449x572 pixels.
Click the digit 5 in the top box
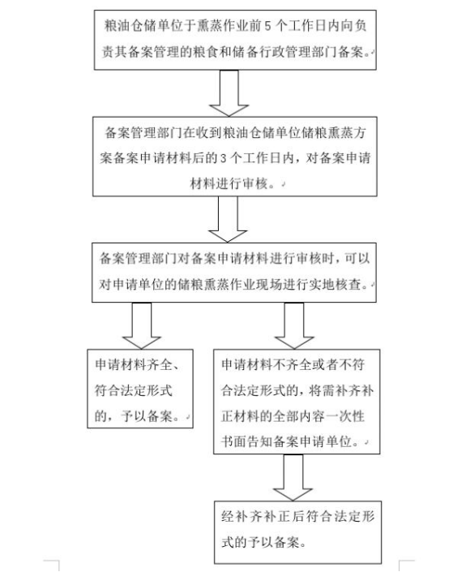[x=268, y=26]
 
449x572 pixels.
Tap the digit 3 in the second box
[x=224, y=158]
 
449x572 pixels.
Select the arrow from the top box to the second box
[x=229, y=93]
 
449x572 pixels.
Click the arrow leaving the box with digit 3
[x=228, y=219]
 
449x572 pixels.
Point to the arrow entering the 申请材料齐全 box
[x=141, y=326]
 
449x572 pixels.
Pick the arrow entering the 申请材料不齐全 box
[x=294, y=326]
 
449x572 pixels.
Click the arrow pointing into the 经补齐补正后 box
[x=293, y=478]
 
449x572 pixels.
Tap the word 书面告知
[x=246, y=441]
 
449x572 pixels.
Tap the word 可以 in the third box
[x=357, y=259]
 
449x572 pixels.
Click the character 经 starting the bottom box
[x=228, y=516]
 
